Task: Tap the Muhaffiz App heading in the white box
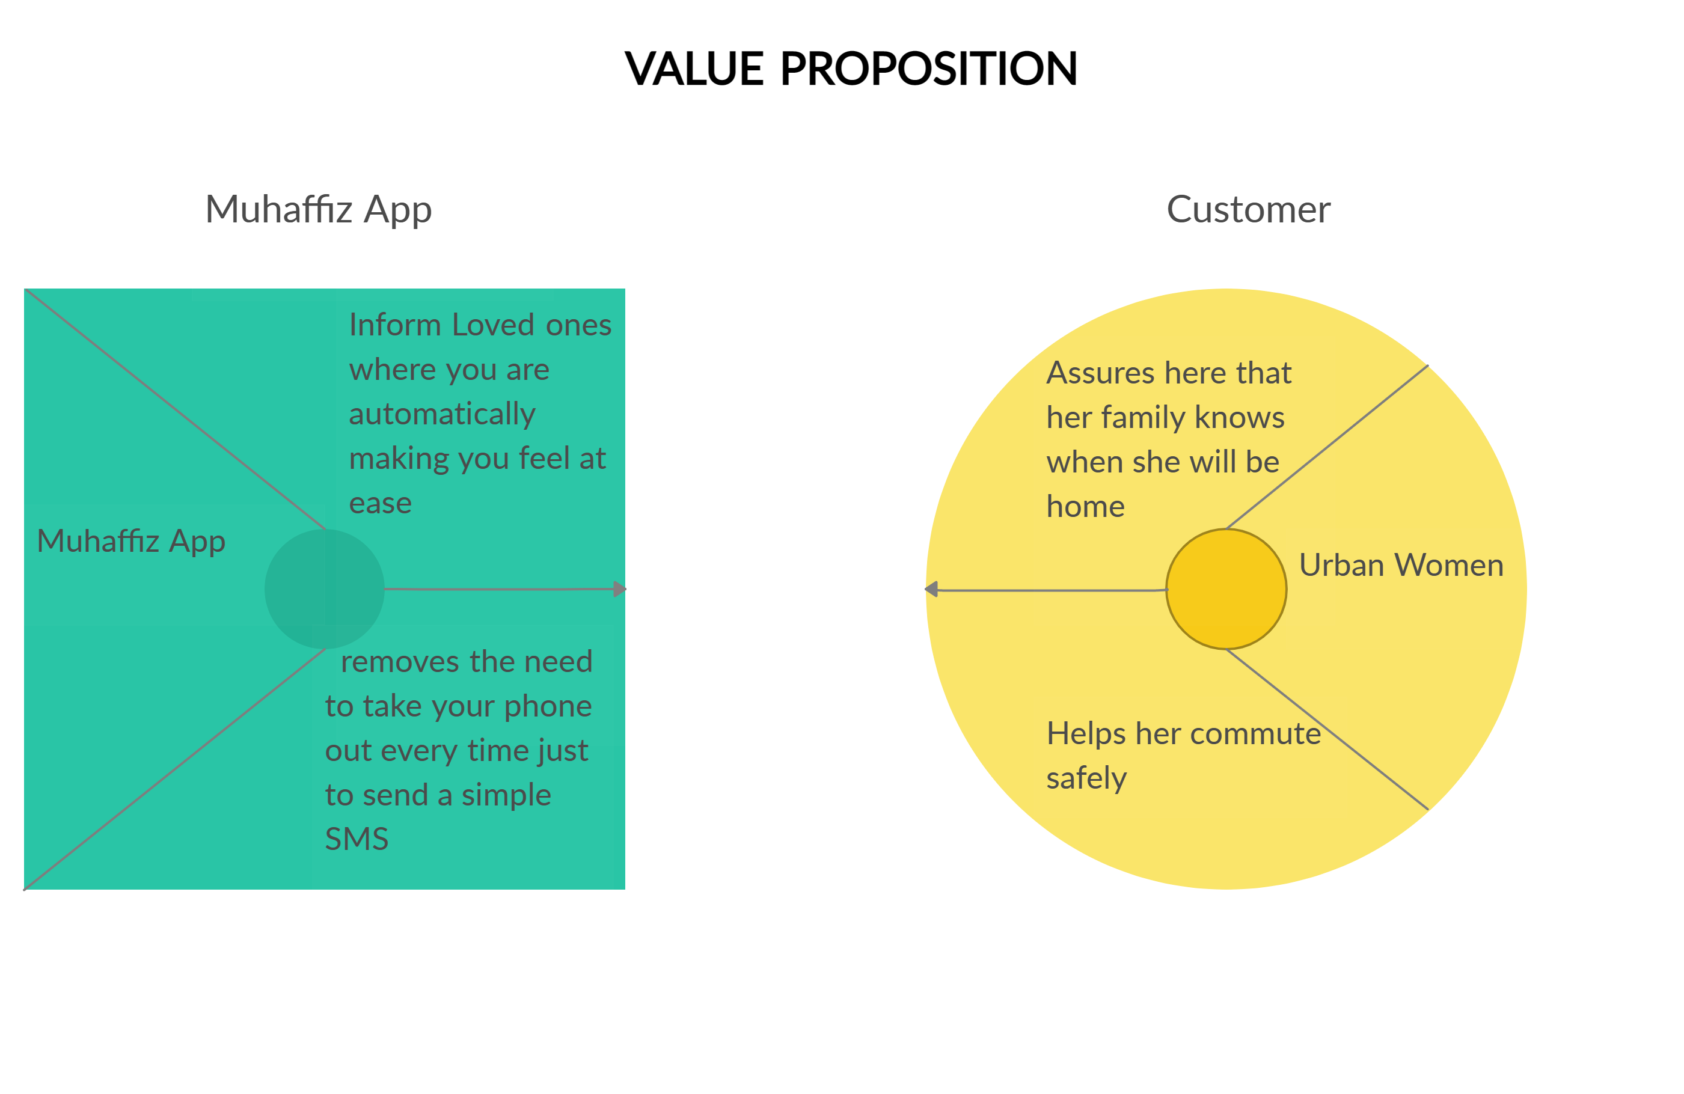click(319, 210)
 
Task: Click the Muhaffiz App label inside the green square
click(131, 542)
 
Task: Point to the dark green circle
click(324, 588)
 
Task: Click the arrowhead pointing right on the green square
click(620, 588)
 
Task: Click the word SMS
click(357, 839)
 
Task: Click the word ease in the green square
click(380, 504)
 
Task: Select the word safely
click(1086, 778)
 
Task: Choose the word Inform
click(395, 326)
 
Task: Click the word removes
click(400, 662)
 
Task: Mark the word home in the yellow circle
click(1085, 507)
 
